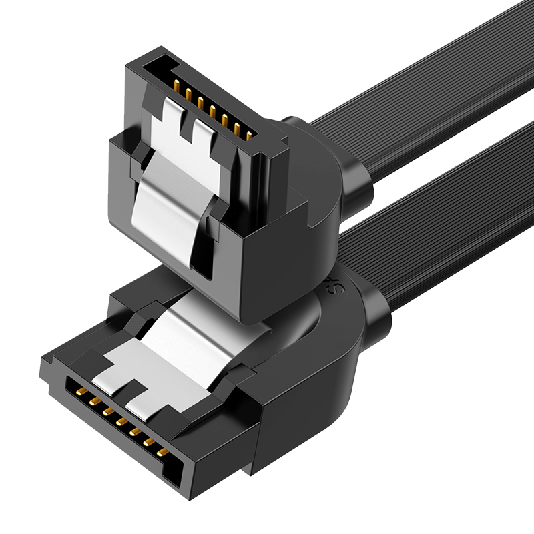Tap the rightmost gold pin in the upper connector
tap(248, 136)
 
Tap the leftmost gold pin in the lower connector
tap(79, 393)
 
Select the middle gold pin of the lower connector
tap(120, 422)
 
